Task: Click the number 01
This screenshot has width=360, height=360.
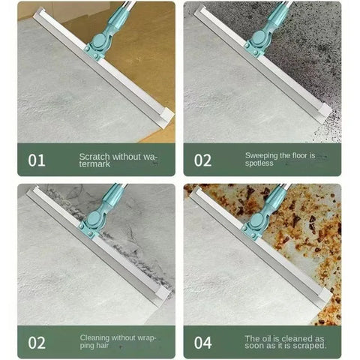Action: [37, 160]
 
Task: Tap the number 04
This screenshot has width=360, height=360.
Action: [203, 343]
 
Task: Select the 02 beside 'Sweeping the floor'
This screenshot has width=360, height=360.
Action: [203, 160]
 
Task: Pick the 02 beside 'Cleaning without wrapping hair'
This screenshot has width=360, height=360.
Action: [37, 343]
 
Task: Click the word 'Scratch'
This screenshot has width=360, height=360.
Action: [94, 157]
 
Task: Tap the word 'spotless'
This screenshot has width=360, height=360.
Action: [259, 163]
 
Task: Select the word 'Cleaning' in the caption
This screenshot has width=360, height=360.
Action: [94, 337]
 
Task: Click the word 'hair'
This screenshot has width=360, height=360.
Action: [102, 346]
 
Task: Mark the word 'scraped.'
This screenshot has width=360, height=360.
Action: [310, 346]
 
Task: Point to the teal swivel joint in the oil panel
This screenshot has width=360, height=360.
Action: [256, 220]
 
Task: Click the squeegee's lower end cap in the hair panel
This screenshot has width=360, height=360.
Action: [163, 295]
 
